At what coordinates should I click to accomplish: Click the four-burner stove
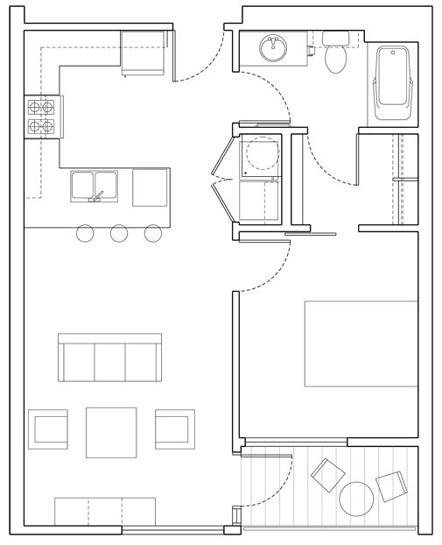pos(40,117)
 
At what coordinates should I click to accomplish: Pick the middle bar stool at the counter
pos(119,233)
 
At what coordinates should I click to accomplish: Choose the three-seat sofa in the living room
pos(110,358)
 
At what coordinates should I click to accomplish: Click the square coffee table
pos(111,432)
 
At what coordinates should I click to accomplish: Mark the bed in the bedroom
pos(361,343)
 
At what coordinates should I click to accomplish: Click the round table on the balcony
pos(357,500)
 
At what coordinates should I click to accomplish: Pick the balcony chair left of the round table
pos(328,476)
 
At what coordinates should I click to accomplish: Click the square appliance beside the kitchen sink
pos(150,188)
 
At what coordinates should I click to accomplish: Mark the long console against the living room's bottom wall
pos(105,511)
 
